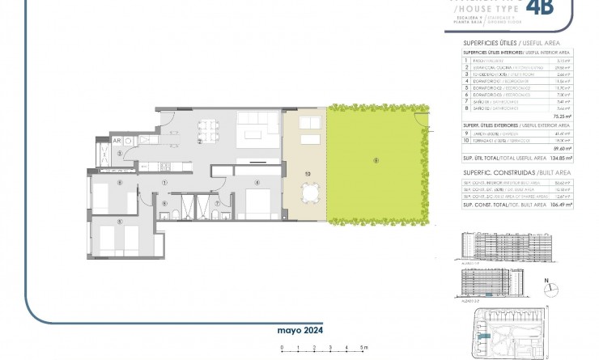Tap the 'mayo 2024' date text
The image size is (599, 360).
pyautogui.click(x=299, y=331)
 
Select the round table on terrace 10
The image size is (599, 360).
pyautogui.click(x=309, y=194)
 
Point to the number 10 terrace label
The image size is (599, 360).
pyautogui.click(x=308, y=173)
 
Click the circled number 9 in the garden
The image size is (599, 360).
pyautogui.click(x=376, y=160)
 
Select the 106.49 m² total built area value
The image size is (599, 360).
pyautogui.click(x=559, y=205)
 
